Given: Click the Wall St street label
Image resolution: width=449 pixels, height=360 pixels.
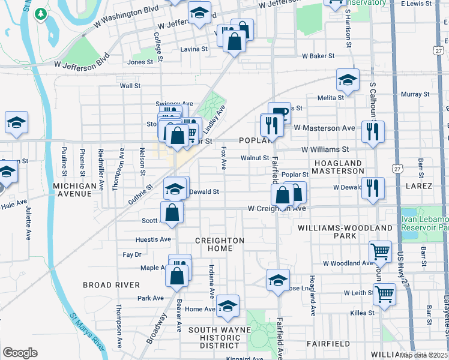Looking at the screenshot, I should (130, 86).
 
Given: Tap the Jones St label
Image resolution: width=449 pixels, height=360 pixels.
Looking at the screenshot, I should (140, 62).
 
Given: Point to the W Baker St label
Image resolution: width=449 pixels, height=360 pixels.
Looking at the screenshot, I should (318, 56).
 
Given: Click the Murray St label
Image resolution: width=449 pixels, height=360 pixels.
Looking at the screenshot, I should (412, 94).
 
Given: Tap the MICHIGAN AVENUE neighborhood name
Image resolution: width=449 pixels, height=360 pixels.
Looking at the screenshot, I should (75, 190).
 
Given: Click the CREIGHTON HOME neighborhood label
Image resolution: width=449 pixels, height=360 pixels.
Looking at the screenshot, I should (220, 244).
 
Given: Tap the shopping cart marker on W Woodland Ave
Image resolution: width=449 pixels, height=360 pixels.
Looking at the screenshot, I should (380, 252).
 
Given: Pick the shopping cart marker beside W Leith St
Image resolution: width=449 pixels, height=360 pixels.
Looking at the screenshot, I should (384, 294).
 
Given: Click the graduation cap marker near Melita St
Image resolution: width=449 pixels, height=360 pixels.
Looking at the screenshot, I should (348, 79).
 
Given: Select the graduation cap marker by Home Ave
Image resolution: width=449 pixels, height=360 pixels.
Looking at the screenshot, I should (228, 305).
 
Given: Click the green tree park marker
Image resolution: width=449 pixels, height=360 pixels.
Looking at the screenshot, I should (40, 13).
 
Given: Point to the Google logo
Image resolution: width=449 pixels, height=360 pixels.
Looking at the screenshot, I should (20, 353).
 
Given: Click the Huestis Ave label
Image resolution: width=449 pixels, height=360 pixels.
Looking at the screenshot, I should (154, 239).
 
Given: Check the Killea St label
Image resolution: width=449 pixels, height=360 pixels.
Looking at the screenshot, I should (363, 313).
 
